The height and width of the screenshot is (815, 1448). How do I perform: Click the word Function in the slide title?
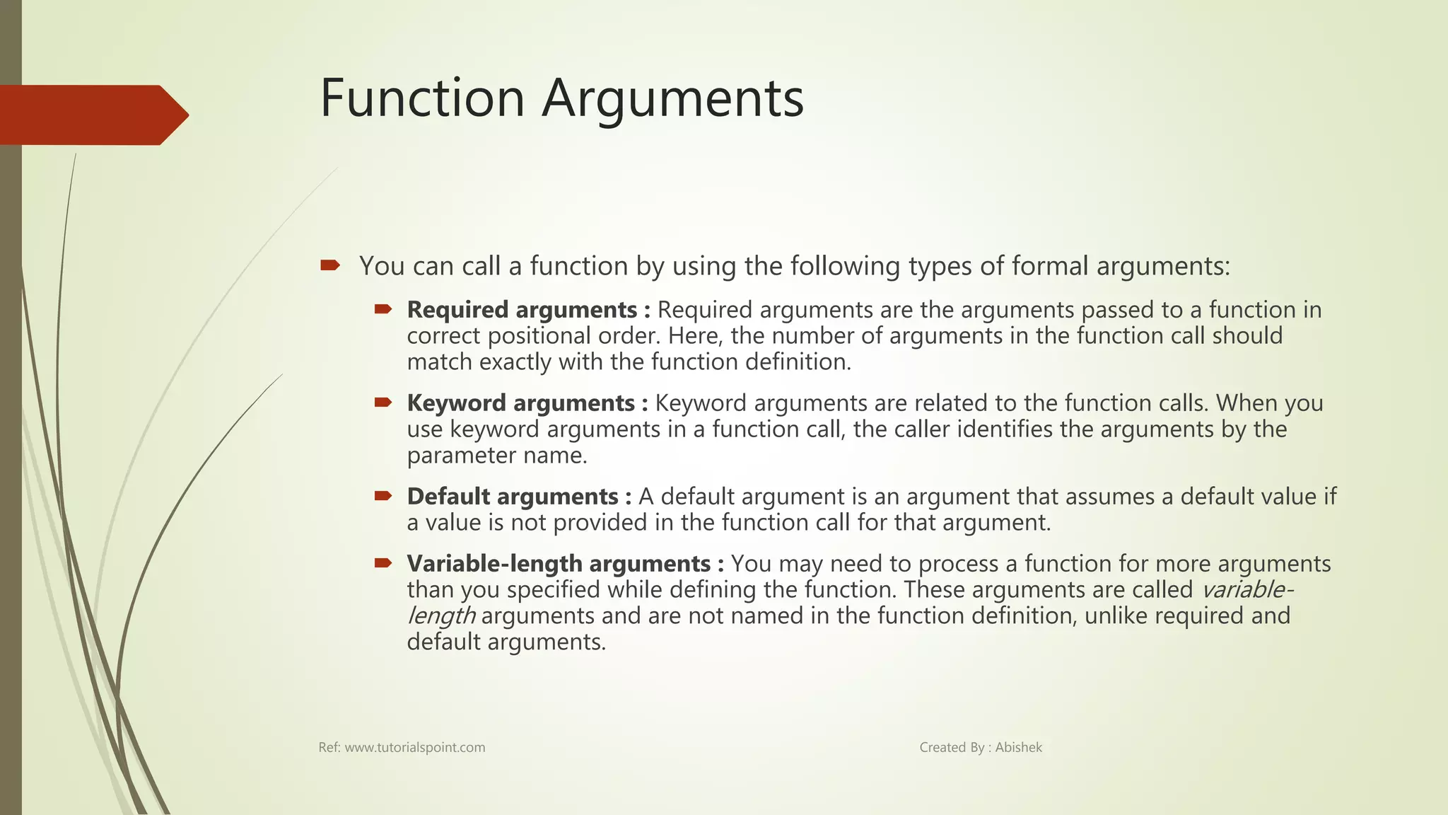click(421, 98)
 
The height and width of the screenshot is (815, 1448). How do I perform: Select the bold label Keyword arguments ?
click(527, 403)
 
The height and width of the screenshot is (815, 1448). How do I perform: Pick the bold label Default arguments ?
click(518, 497)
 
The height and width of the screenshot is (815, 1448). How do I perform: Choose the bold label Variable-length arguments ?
click(565, 564)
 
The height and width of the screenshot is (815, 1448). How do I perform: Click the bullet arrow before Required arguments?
click(383, 309)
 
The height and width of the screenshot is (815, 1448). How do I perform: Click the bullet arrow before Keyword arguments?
click(383, 403)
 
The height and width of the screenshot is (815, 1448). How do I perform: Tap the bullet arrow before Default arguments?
click(383, 496)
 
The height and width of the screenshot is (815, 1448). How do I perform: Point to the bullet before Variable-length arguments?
click(383, 563)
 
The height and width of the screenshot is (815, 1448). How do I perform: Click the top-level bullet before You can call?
click(329, 266)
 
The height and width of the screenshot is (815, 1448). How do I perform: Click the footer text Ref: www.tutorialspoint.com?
click(402, 748)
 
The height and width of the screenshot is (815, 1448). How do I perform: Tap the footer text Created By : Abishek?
click(980, 748)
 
